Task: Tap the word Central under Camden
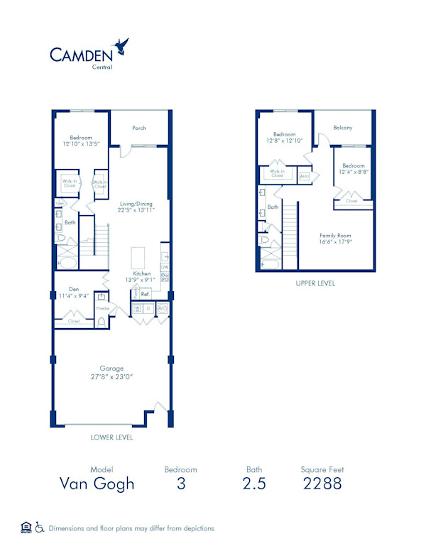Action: click(x=102, y=67)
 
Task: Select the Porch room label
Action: click(x=139, y=128)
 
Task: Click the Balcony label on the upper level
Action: click(x=343, y=128)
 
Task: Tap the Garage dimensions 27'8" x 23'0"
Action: click(x=111, y=376)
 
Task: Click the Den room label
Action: click(x=74, y=289)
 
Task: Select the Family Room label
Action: click(x=335, y=235)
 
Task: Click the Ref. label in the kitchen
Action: click(x=144, y=293)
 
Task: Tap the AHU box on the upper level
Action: click(x=304, y=176)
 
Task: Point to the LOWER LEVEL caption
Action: click(x=111, y=437)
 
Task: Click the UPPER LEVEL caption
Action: click(x=315, y=283)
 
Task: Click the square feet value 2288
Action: click(x=322, y=484)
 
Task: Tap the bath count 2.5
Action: click(x=253, y=484)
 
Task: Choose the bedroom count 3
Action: click(x=180, y=484)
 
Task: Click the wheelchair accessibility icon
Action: click(x=40, y=527)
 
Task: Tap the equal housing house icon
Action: click(x=26, y=527)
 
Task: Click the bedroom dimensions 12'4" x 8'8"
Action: click(x=353, y=172)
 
